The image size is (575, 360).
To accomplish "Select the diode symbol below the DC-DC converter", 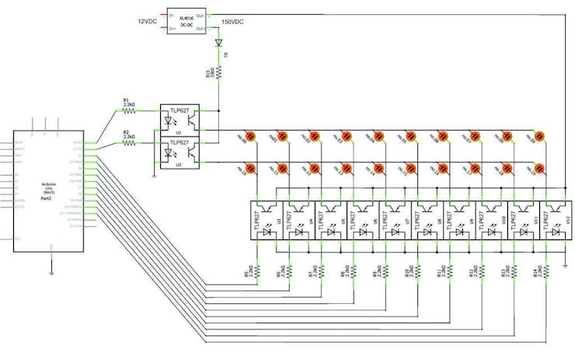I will click(218, 44).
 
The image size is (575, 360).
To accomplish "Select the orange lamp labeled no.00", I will click(249, 136).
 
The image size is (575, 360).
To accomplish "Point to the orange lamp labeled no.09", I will click(539, 136).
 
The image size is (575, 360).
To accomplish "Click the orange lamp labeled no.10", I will click(249, 168).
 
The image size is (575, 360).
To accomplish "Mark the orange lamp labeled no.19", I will click(539, 168).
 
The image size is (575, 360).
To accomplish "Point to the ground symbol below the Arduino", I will click(51, 272).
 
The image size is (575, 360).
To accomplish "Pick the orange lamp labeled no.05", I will click(410, 136).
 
